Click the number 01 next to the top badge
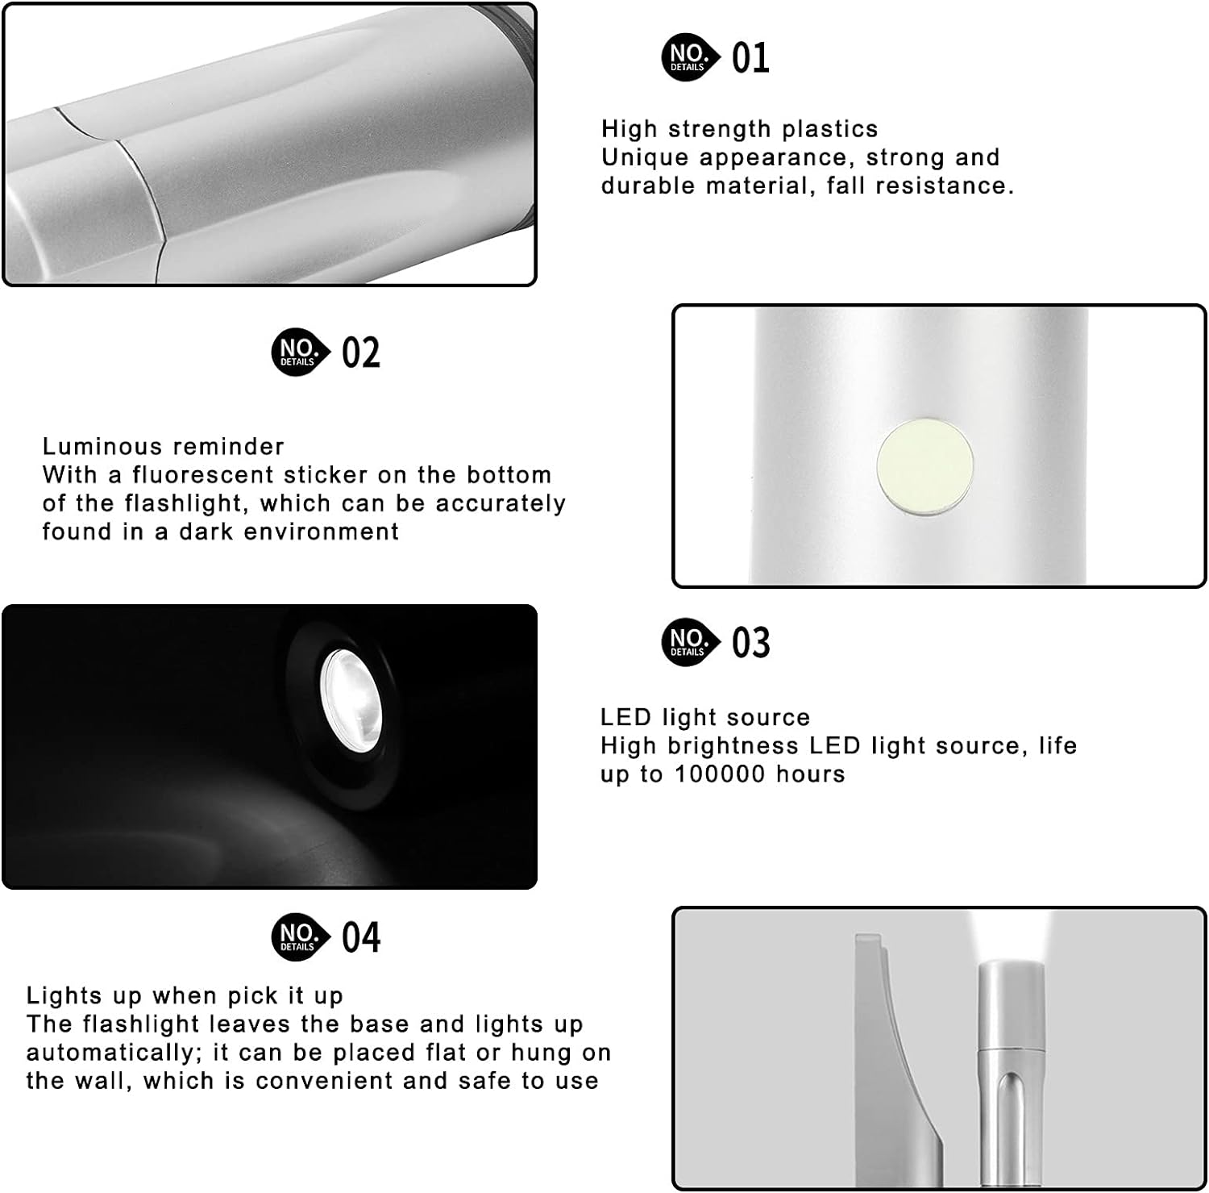point(750,57)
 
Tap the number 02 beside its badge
point(360,352)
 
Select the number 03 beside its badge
point(750,642)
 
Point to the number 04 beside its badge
point(360,937)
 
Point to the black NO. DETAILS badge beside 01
point(691,57)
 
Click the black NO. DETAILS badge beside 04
point(301,937)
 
